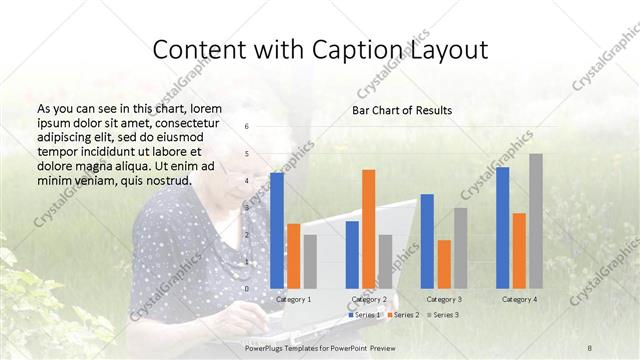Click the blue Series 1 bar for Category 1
click(x=277, y=230)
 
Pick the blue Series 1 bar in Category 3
click(x=427, y=240)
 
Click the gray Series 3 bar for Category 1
click(x=310, y=261)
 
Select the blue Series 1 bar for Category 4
click(x=502, y=227)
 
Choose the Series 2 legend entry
click(x=405, y=315)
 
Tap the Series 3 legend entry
click(x=444, y=315)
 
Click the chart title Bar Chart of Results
click(x=402, y=110)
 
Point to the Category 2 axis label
click(x=370, y=299)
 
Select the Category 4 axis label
click(x=519, y=299)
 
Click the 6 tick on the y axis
click(x=247, y=127)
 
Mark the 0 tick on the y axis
click(x=247, y=288)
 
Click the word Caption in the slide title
click(x=369, y=50)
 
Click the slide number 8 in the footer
click(x=590, y=347)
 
